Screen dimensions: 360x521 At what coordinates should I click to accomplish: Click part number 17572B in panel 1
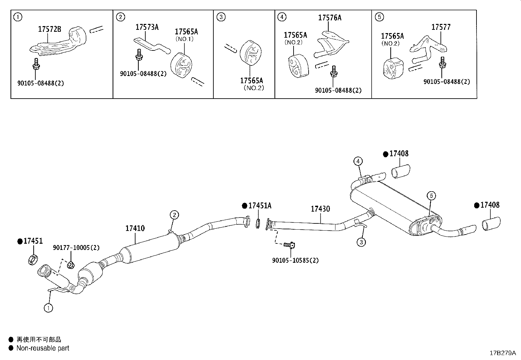click(x=49, y=29)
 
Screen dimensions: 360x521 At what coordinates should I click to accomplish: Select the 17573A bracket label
click(x=147, y=27)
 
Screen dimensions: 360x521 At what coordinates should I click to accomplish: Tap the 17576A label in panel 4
click(x=330, y=18)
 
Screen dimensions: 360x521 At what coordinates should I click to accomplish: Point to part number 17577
click(x=440, y=27)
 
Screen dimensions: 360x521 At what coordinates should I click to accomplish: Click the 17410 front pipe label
click(x=135, y=228)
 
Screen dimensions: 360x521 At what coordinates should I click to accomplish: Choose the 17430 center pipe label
click(x=320, y=209)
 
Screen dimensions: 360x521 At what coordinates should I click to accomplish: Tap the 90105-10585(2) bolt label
click(x=295, y=260)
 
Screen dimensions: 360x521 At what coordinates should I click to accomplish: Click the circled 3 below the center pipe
click(x=361, y=242)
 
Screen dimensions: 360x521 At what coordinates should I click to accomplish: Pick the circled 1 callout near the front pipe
click(x=48, y=308)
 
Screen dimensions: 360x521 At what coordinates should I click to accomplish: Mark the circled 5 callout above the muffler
click(x=431, y=196)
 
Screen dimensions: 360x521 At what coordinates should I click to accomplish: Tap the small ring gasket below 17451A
click(x=258, y=224)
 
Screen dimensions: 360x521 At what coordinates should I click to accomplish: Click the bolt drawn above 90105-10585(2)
click(x=289, y=245)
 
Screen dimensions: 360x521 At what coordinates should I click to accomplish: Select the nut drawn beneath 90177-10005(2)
click(x=70, y=264)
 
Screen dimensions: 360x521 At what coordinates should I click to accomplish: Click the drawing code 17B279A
click(x=502, y=353)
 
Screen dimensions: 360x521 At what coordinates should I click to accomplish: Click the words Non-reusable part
click(x=43, y=348)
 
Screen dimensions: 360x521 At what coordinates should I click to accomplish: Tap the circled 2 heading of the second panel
click(x=120, y=17)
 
